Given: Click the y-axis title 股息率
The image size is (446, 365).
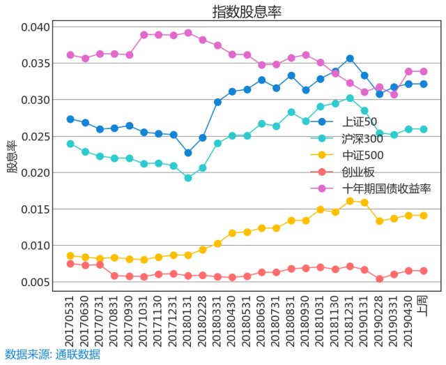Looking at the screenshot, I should coord(12,156).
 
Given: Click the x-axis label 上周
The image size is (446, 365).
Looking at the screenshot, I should coord(423,307).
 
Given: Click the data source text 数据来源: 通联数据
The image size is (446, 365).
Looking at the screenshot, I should coord(52,355).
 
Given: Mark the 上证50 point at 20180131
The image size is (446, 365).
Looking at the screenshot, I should coord(188,153).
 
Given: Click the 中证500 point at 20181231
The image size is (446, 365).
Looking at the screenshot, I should coord(350,201).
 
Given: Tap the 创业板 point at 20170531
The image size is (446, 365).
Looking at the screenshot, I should coord(70,264).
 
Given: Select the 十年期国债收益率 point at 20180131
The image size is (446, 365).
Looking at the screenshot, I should coord(188,33).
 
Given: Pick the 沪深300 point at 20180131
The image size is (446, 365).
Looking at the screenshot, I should coord(188,178).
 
